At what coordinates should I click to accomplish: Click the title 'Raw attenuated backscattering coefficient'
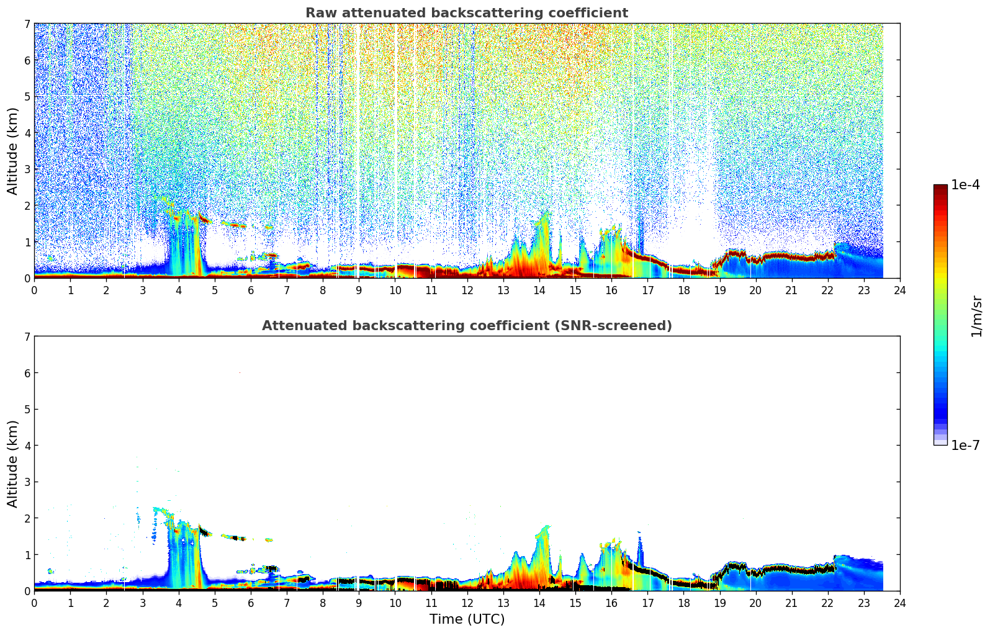466,13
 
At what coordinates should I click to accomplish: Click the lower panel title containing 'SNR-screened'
466,326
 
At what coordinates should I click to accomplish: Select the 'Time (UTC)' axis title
467,619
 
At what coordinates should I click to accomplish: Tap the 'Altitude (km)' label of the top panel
13,151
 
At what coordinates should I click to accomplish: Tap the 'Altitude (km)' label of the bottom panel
13,464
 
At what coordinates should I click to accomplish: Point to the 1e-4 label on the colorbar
965,185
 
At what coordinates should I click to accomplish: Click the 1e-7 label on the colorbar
965,445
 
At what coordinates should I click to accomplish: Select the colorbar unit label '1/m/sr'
976,315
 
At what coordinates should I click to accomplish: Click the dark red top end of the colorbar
940,187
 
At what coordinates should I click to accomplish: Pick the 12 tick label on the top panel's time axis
467,290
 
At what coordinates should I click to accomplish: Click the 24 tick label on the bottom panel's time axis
900,603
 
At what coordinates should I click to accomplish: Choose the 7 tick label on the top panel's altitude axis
27,24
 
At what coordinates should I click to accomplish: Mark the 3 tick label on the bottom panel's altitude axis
27,482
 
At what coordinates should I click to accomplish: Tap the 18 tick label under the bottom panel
683,603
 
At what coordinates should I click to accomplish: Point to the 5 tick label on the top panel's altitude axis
27,97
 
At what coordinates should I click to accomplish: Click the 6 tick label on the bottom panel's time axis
251,603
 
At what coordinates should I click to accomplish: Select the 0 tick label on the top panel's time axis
34,290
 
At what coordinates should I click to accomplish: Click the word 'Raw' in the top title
319,13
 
